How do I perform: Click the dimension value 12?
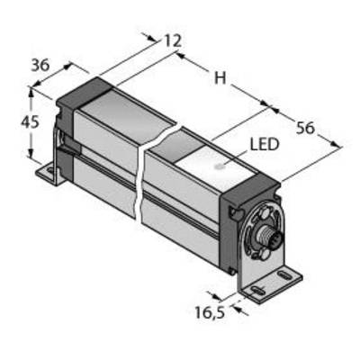173,40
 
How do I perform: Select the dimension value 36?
40,65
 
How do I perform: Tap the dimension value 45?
30,122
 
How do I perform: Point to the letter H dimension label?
220,78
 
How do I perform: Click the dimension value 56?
305,128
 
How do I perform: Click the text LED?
265,145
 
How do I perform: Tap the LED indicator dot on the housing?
220,166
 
